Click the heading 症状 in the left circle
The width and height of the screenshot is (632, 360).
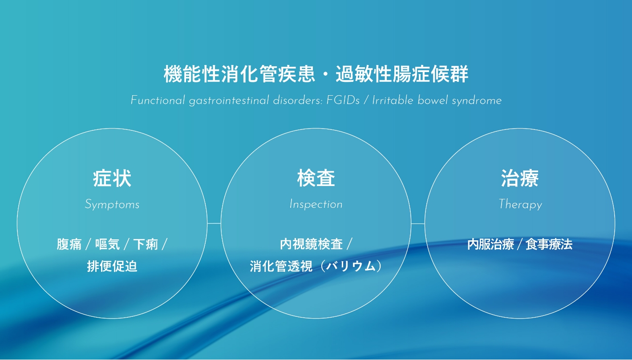point(112,178)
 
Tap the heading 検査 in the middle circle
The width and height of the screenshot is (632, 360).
point(316,178)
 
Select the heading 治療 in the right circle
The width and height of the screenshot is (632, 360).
point(520,178)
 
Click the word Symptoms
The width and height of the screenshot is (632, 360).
point(112,205)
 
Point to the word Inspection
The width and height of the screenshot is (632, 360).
point(316,204)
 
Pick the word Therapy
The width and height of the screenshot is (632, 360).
point(520,205)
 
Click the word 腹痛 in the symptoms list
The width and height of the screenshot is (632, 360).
point(69,244)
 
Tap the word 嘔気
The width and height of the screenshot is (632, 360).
point(108,244)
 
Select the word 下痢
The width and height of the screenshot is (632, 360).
point(146,244)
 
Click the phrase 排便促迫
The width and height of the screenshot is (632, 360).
point(112,266)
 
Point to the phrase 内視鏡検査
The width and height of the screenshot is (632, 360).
point(311,244)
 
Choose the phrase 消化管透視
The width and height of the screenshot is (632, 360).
point(281,267)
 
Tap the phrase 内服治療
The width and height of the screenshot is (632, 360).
point(490,244)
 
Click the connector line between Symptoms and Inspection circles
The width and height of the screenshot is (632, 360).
point(214,223)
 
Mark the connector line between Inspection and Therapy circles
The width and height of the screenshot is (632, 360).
point(418,224)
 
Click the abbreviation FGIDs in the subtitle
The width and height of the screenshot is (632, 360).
point(343,101)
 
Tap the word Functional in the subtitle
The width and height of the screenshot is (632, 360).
point(158,101)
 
